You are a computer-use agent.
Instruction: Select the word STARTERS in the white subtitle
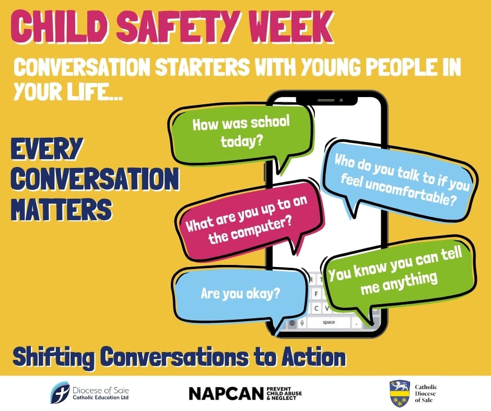point(202,67)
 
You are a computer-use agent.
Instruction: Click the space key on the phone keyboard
point(329,322)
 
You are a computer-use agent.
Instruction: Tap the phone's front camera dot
point(341,100)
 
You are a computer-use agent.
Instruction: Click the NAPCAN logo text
point(226,393)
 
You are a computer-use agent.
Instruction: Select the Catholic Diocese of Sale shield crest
point(400,393)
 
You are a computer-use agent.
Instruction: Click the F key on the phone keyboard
point(316,294)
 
